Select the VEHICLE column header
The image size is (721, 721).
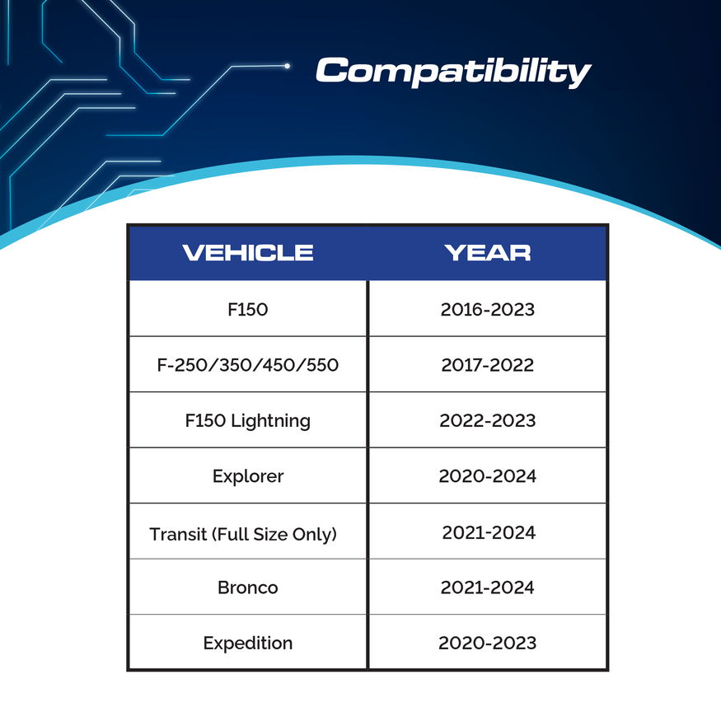pos(248,252)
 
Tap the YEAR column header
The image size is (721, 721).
pos(488,252)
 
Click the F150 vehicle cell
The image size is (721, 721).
pos(248,310)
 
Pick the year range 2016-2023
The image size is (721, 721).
pos(488,310)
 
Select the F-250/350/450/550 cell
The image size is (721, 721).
pos(248,365)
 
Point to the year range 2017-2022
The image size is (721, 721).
pos(488,365)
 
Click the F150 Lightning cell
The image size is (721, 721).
pos(248,420)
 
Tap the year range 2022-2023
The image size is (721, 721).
pos(488,420)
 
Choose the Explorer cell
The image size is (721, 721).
pos(248,476)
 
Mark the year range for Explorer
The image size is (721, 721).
pos(488,476)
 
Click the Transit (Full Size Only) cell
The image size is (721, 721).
pos(244,534)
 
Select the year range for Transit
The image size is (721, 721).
pos(489,532)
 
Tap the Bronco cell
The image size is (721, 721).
pos(248,588)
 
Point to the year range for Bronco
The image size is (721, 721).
pos(488,588)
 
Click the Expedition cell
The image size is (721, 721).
pos(248,643)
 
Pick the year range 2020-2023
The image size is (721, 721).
pos(488,643)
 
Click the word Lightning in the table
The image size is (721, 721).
pos(270,421)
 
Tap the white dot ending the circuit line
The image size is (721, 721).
pos(287,65)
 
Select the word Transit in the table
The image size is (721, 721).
pos(178,534)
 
